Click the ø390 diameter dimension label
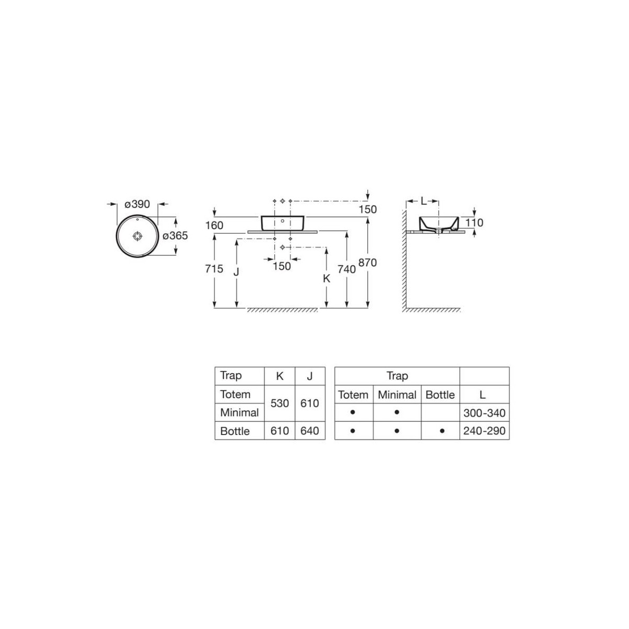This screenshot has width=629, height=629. pos(137,204)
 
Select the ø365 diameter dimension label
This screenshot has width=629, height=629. pos(175,235)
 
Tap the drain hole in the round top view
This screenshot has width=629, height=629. pos(138,236)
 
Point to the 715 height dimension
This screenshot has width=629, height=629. pos(214,269)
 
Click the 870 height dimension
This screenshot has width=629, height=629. pos(367,263)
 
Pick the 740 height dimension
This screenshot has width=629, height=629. pos(346,269)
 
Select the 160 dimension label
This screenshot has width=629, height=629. pos(214,225)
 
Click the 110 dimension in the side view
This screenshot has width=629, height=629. pos(474,223)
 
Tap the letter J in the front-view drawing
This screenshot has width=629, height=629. pos(236,272)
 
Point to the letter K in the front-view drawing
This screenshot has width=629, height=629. pos(326,278)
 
